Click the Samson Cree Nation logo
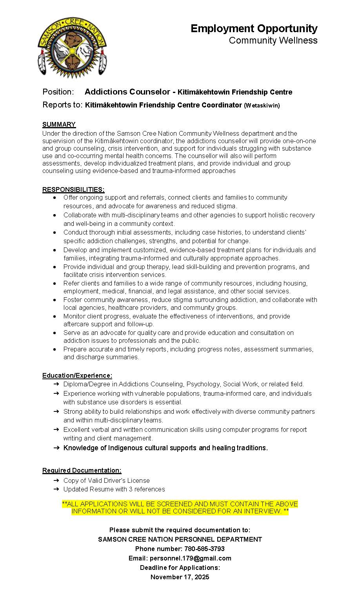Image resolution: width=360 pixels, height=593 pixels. click(x=72, y=47)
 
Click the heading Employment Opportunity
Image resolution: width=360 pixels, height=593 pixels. click(x=254, y=29)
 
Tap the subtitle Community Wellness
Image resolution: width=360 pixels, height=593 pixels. click(x=273, y=40)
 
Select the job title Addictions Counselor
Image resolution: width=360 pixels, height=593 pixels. click(x=127, y=92)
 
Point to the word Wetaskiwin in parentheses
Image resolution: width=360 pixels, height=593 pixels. click(x=262, y=106)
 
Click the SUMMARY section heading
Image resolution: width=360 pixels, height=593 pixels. click(x=59, y=124)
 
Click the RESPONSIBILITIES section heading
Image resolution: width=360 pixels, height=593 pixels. click(x=73, y=190)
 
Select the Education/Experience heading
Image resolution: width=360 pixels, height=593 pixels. click(x=77, y=375)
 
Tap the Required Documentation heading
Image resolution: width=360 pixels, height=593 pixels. click(x=82, y=470)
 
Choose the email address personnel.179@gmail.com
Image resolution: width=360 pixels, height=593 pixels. click(x=190, y=558)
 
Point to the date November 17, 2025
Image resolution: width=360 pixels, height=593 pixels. click(x=180, y=577)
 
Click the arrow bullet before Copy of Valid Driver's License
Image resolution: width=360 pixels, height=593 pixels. click(x=56, y=480)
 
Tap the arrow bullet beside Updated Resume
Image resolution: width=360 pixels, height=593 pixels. click(x=56, y=489)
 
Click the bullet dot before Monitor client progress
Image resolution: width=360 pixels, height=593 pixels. click(x=55, y=316)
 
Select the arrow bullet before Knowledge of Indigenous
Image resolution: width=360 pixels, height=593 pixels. click(x=56, y=448)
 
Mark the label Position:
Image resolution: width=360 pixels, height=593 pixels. click(x=58, y=92)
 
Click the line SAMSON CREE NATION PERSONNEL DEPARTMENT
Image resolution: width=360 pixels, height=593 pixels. click(x=180, y=539)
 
